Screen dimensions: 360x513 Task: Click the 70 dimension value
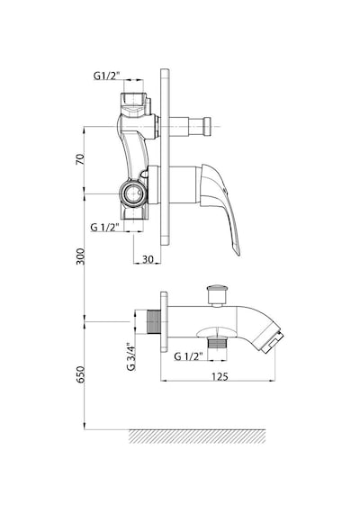click(80, 158)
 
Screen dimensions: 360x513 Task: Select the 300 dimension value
click(80, 256)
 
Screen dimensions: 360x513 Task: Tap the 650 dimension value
click(80, 374)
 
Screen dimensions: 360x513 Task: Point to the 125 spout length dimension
click(220, 376)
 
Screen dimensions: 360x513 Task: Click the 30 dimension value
click(148, 259)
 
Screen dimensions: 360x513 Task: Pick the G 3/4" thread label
click(130, 356)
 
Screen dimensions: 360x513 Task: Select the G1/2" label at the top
click(107, 76)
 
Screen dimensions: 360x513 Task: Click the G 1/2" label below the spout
click(188, 356)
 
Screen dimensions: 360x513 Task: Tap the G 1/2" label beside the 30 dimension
click(104, 227)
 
